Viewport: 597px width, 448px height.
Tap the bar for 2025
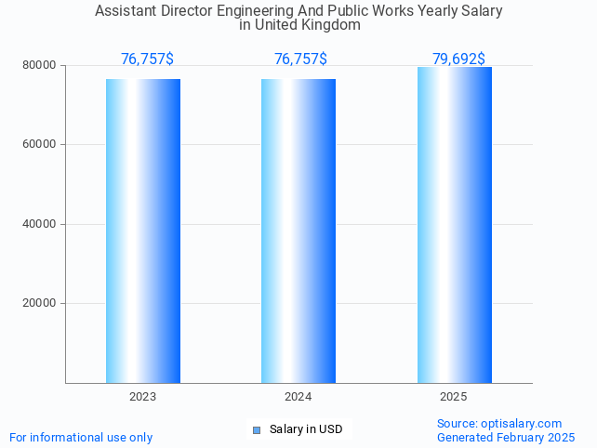pyautogui.click(x=454, y=225)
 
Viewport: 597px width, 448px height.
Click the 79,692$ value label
pyautogui.click(x=458, y=59)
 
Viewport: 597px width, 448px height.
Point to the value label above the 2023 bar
pyautogui.click(x=147, y=59)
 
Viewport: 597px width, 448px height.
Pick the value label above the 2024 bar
pyautogui.click(x=300, y=59)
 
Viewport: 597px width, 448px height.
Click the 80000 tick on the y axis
pyautogui.click(x=40, y=66)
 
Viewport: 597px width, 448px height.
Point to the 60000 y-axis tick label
pyautogui.click(x=40, y=145)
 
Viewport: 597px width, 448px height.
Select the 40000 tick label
pyautogui.click(x=40, y=224)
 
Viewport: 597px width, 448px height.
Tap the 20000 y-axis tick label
pyautogui.click(x=40, y=303)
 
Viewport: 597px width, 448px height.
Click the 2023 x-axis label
pyautogui.click(x=143, y=397)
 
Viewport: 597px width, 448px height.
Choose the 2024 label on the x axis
pyautogui.click(x=298, y=397)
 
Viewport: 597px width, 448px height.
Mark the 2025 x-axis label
pyautogui.click(x=454, y=397)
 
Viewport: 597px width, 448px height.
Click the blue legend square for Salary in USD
pyautogui.click(x=257, y=429)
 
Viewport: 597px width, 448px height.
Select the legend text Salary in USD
pyautogui.click(x=306, y=429)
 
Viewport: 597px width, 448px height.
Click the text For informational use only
pyautogui.click(x=81, y=438)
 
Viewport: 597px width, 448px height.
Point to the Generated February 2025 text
pyautogui.click(x=506, y=438)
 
